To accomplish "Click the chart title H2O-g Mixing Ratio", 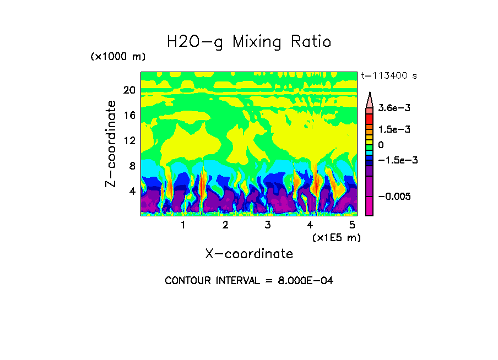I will (249, 42).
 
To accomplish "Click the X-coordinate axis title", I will (249, 254).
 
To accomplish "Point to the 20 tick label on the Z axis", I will (129, 90).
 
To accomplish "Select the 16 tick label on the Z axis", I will (129, 116).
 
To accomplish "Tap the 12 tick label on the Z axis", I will (129, 141).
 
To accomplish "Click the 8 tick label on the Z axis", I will (132, 166).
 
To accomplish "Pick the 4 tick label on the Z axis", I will (132, 191).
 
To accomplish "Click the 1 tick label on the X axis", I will (183, 225).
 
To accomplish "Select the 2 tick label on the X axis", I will (225, 225).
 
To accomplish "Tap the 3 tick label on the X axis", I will (268, 225).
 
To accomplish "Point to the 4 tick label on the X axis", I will (310, 225).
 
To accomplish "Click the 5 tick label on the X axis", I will (353, 225).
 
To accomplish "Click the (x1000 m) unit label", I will (118, 57).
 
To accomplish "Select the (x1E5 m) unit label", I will (336, 238).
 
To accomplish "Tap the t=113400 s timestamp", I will (388, 75).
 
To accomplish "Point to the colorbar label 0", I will (381, 145).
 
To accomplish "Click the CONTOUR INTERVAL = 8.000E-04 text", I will (249, 281).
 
